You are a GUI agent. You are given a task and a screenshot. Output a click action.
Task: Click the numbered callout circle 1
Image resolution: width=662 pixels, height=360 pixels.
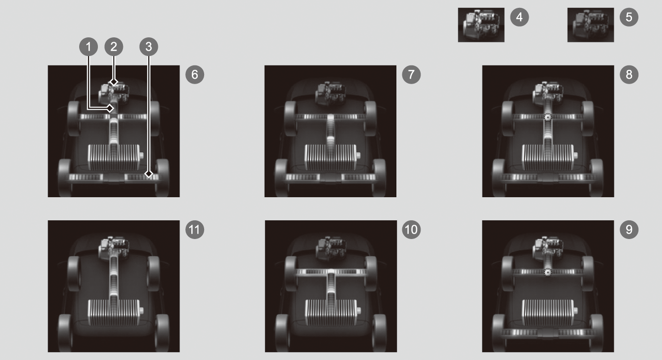[x=89, y=47]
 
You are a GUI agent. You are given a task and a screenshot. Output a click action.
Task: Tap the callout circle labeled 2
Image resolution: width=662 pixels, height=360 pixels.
[x=114, y=47]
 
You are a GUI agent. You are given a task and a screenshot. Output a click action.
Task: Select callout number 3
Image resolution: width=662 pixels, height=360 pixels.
[x=149, y=47]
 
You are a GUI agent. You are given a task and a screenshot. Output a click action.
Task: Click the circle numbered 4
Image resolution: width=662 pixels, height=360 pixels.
[x=519, y=17]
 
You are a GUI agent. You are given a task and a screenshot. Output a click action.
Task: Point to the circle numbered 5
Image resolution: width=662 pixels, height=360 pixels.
[x=629, y=17]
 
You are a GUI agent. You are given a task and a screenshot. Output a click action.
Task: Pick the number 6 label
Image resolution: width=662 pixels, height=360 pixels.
[x=195, y=74]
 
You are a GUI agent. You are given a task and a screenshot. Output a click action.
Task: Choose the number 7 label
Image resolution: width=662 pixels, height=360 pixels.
[x=411, y=74]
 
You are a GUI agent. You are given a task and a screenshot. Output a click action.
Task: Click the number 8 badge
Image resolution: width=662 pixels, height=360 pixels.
[x=629, y=74]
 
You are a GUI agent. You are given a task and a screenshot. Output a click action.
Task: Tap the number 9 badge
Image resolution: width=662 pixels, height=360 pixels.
[x=629, y=229]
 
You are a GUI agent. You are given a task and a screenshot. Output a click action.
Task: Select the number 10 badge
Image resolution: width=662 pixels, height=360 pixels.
[x=411, y=229]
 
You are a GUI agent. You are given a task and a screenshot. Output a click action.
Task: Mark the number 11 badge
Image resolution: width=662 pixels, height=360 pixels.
[x=195, y=229]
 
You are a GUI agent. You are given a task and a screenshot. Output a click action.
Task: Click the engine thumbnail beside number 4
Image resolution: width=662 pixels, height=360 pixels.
[x=481, y=25]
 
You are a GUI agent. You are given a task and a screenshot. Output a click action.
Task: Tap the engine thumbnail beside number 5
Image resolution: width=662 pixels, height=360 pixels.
[x=591, y=25]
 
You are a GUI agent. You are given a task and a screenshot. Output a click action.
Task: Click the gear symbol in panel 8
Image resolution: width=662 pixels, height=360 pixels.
[x=548, y=117]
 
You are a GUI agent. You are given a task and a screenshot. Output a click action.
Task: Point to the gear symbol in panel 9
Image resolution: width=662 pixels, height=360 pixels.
[x=548, y=272]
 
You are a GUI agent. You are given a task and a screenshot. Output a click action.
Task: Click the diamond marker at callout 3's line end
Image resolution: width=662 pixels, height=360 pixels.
[x=149, y=174]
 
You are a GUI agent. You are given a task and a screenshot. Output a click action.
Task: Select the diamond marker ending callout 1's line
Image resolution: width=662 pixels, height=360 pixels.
[x=110, y=109]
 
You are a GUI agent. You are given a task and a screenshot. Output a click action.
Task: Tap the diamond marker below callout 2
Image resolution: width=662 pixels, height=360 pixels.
[x=114, y=82]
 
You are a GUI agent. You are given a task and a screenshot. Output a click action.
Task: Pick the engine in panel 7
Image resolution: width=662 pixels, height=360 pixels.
[x=331, y=93]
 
